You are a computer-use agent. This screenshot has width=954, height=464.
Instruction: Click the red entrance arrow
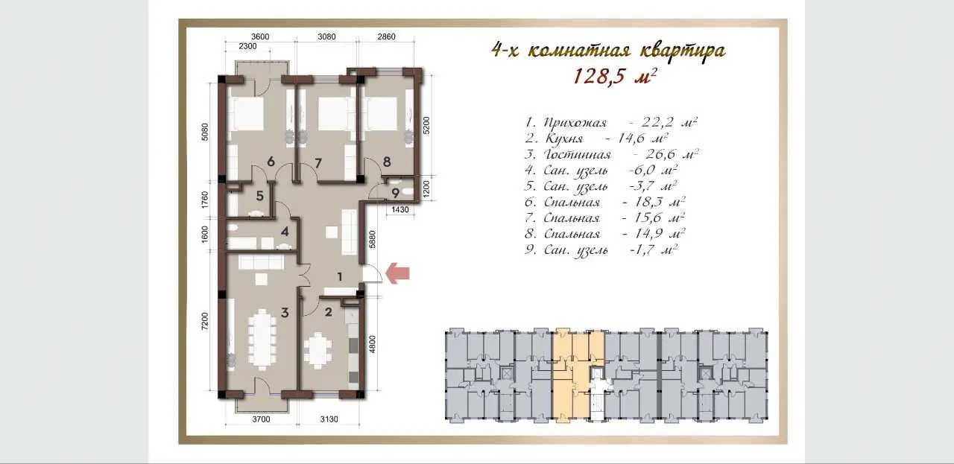coord(398,273)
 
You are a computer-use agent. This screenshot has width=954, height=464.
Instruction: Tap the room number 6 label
coord(271,162)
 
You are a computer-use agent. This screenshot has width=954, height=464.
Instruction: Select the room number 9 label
coord(395,193)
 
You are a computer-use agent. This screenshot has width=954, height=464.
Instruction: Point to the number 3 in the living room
coord(285,313)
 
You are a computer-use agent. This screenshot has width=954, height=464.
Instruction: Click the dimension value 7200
coord(205,322)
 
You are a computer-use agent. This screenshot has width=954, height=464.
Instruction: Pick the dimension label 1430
coord(400,209)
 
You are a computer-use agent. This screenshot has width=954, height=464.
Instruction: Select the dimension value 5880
coord(373,239)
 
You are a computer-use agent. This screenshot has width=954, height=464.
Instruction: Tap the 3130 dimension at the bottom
coord(329,419)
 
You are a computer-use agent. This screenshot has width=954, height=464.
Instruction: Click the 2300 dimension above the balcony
coord(247,46)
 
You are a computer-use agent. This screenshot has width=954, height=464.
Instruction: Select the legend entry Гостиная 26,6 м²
coord(611,154)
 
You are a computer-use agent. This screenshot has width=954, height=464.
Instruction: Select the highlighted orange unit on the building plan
coord(578,374)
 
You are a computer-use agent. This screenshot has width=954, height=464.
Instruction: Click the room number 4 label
coord(285,232)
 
